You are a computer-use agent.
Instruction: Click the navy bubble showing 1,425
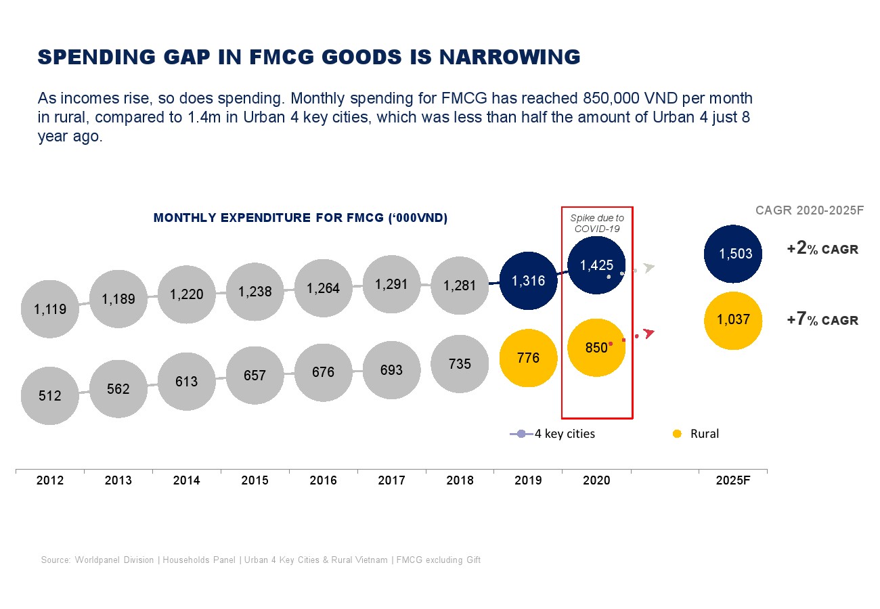click(596, 265)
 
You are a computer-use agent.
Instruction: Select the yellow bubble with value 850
click(596, 348)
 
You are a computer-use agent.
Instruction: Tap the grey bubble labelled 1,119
click(50, 309)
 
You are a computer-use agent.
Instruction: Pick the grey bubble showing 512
click(50, 396)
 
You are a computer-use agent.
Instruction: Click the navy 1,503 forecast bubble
click(734, 254)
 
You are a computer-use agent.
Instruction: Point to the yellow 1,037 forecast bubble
click(734, 320)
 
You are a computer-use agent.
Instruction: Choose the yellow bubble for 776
click(528, 358)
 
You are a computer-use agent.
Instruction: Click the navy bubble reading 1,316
click(528, 281)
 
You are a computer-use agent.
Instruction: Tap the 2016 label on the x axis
click(323, 480)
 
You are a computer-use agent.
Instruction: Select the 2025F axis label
click(733, 480)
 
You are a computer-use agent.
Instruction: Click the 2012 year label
click(50, 480)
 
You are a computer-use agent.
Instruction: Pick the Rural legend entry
click(697, 434)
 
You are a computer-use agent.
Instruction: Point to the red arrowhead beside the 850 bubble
click(650, 333)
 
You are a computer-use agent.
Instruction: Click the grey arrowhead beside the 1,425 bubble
click(649, 268)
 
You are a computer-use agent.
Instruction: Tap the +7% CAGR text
click(822, 320)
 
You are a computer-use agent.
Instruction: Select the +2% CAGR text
click(822, 249)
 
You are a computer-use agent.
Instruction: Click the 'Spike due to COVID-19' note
click(597, 223)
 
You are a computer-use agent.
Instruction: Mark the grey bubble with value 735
click(460, 363)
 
